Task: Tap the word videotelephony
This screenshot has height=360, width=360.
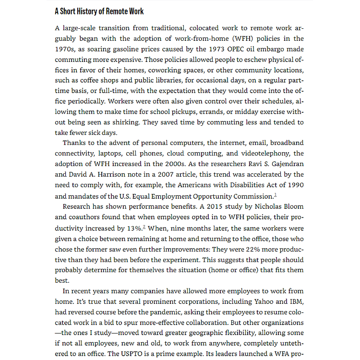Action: point(266,153)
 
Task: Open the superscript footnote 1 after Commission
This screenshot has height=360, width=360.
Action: point(275,194)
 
